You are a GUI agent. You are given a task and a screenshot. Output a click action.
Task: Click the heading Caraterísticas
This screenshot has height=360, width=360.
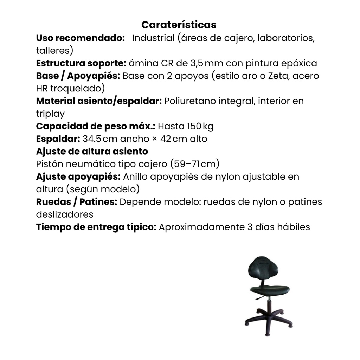point(179,25)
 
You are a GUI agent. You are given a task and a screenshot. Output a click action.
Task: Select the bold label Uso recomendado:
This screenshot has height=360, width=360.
point(81,38)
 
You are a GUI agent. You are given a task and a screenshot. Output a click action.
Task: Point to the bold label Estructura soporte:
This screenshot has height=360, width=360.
point(81,63)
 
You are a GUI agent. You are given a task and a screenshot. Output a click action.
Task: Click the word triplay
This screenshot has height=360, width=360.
point(50,114)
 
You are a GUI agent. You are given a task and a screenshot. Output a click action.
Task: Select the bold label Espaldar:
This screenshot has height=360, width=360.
point(58,139)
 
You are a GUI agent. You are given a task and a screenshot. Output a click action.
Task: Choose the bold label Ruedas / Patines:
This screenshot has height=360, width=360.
point(77,202)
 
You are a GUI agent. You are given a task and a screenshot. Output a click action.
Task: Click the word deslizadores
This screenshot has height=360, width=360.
point(64,214)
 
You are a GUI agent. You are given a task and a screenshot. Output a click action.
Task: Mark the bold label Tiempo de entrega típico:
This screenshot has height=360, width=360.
point(96,227)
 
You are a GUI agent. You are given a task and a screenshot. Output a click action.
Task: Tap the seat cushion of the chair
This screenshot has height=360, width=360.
point(270,289)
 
